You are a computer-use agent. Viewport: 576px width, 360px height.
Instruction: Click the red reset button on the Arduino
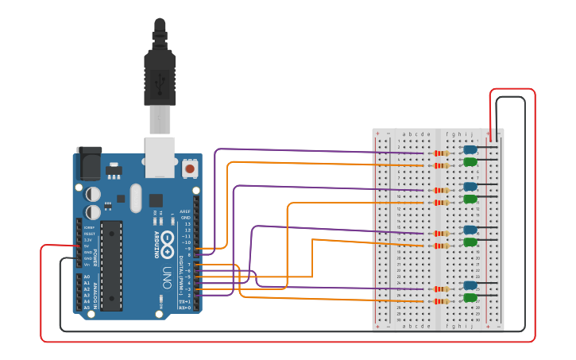(x=190, y=168)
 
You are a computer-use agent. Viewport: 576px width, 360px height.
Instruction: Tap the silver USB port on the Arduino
(x=160, y=156)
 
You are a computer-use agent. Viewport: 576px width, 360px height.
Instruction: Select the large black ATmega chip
(x=110, y=264)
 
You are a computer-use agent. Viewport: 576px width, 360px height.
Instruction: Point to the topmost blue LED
(x=470, y=149)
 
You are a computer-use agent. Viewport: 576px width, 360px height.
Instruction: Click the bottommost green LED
(x=470, y=298)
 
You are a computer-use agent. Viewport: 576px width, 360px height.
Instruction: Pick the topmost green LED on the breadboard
(x=470, y=162)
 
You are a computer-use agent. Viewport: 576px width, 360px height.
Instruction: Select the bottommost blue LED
(x=470, y=285)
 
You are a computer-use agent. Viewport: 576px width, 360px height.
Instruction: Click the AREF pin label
(x=186, y=211)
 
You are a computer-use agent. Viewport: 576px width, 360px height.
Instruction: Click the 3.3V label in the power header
(x=88, y=240)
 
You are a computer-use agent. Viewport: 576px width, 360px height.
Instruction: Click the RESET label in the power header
(x=88, y=234)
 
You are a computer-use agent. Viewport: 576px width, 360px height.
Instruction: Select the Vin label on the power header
(x=88, y=264)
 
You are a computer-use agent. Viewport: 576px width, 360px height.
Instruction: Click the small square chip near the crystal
(x=156, y=200)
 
